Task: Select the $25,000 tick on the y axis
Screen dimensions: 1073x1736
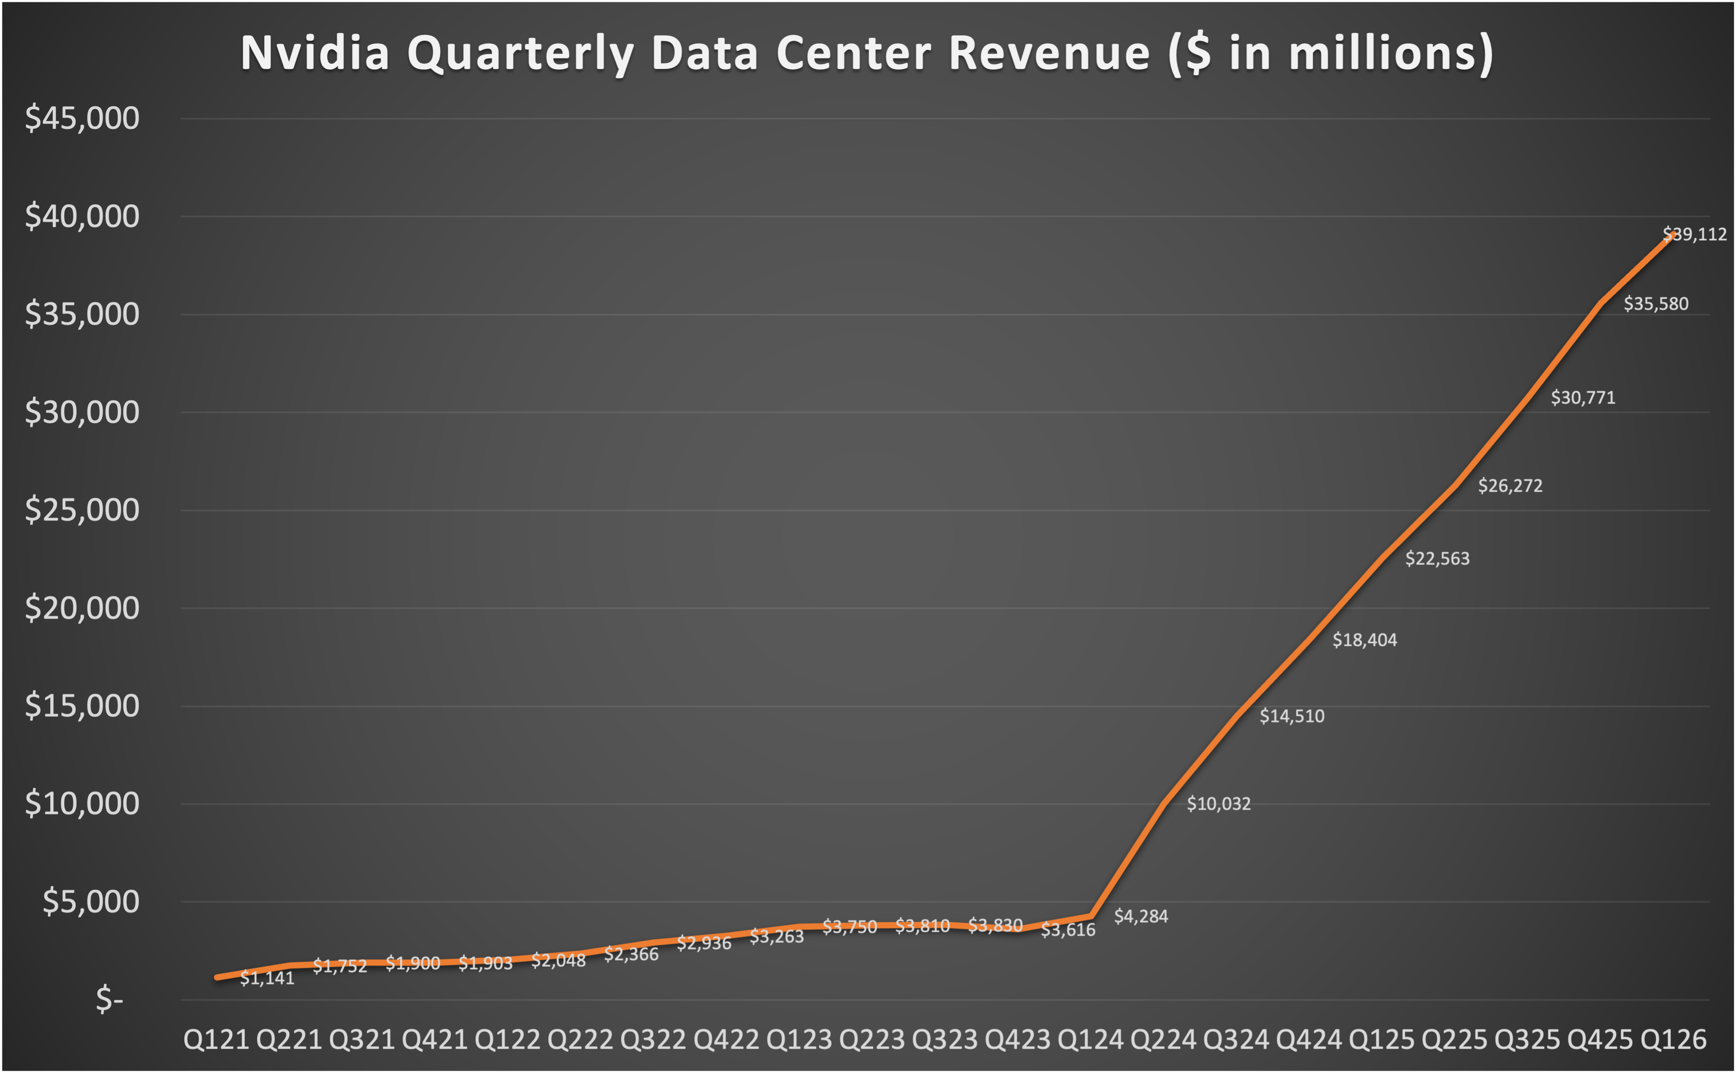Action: point(82,510)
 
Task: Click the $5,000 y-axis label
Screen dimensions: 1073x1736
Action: point(91,902)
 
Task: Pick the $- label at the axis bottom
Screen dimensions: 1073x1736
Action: point(109,999)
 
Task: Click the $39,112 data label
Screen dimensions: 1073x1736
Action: point(1695,234)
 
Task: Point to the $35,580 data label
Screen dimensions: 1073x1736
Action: point(1656,304)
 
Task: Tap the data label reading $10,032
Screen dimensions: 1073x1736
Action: point(1219,804)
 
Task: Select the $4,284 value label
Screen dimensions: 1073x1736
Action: point(1141,916)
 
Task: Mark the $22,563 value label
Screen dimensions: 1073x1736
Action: point(1437,558)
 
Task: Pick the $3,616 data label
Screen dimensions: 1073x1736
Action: point(1067,930)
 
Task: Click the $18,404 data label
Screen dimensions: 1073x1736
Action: point(1364,640)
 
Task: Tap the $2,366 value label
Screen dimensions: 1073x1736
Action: point(631,954)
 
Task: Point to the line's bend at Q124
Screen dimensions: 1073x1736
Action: point(1090,916)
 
